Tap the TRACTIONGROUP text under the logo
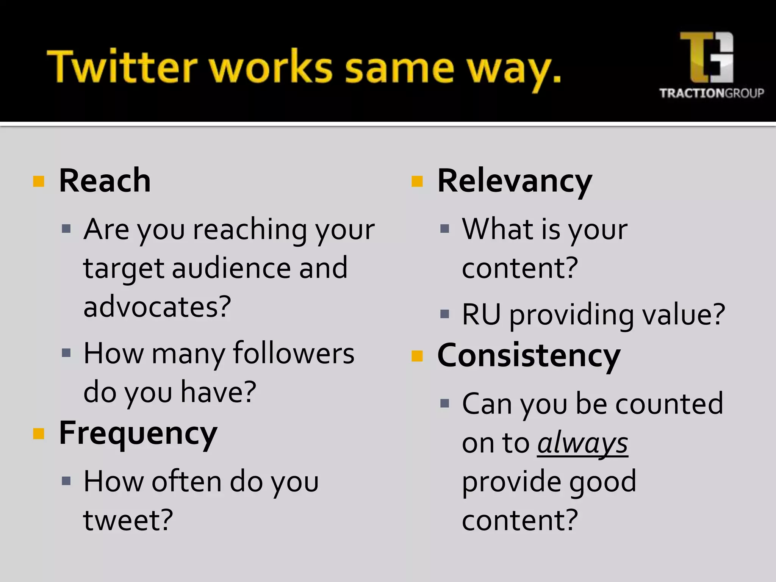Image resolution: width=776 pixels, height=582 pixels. [x=711, y=93]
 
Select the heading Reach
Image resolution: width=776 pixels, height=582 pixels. [x=105, y=181]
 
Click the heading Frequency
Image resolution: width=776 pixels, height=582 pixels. [x=138, y=434]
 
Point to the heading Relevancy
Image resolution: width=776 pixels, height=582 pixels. [x=514, y=182]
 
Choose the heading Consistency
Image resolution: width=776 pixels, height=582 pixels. [x=529, y=356]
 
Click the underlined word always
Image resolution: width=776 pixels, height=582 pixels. [x=582, y=443]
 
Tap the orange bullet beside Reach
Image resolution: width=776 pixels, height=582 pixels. [x=39, y=181]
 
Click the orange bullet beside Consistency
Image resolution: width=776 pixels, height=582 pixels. [x=417, y=356]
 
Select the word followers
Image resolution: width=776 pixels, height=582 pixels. [x=294, y=353]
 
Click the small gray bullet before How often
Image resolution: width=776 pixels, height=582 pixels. [x=66, y=481]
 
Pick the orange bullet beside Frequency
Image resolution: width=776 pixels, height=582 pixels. [x=39, y=433]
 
